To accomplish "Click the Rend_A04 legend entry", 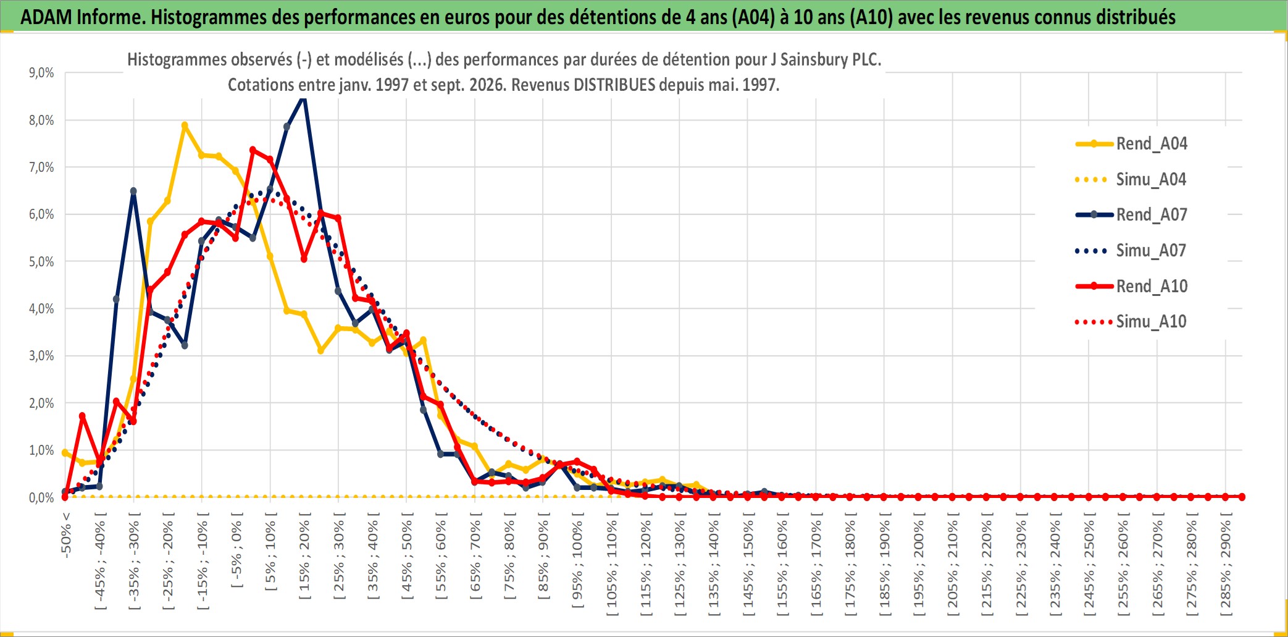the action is (x=1132, y=143).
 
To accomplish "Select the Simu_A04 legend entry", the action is (x=1132, y=179).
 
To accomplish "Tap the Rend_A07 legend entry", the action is (x=1132, y=214).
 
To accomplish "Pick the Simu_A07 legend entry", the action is (x=1132, y=250).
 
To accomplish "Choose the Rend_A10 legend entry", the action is (x=1132, y=286).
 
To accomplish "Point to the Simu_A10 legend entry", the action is (x=1132, y=321).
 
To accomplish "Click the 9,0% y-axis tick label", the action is (x=41, y=73).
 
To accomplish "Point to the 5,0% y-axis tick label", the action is (x=41, y=261).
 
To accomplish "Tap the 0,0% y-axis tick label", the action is (x=41, y=497).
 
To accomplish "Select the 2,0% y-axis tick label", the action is (x=41, y=403).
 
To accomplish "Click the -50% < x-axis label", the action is (x=66, y=535).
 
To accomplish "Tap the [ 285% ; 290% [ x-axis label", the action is (x=1226, y=563).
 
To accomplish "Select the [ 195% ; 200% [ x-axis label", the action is (x=919, y=563).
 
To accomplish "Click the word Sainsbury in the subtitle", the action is (x=810, y=60).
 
